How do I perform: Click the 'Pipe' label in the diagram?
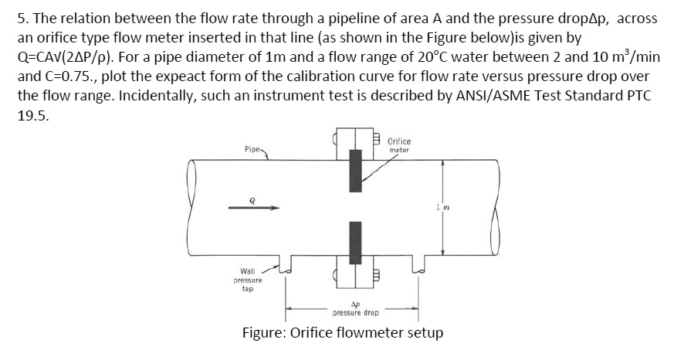pos(252,144)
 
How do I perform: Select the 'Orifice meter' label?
pos(399,145)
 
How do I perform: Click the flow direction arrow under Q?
pos(252,207)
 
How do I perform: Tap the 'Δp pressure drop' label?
pos(354,309)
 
